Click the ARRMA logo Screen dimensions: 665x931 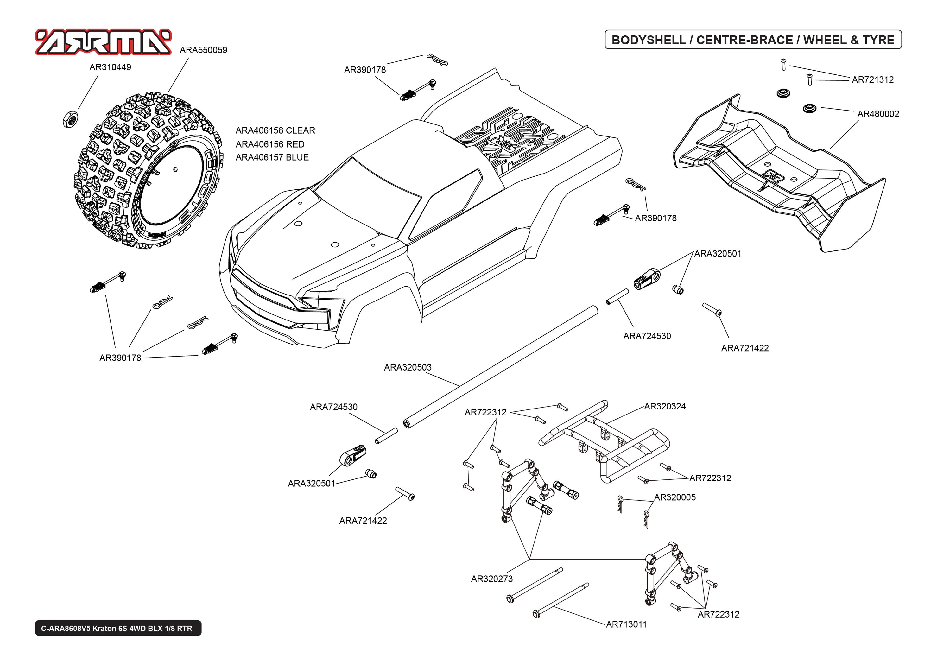tap(103, 42)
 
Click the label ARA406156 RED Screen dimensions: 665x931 tap(270, 144)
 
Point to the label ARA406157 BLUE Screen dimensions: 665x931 tap(272, 157)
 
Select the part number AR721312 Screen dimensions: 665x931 tap(872, 80)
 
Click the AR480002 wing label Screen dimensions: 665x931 tap(878, 114)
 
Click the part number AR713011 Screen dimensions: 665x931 tap(626, 624)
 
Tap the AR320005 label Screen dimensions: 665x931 tap(675, 497)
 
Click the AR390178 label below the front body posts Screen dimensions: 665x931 tap(120, 358)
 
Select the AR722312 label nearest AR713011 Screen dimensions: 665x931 tap(718, 614)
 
